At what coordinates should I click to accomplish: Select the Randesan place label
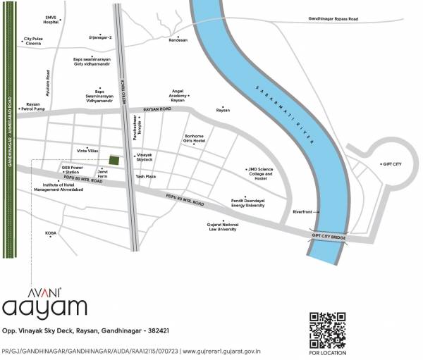(178, 40)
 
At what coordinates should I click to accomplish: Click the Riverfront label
(303, 211)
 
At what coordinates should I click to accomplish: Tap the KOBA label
(51, 232)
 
